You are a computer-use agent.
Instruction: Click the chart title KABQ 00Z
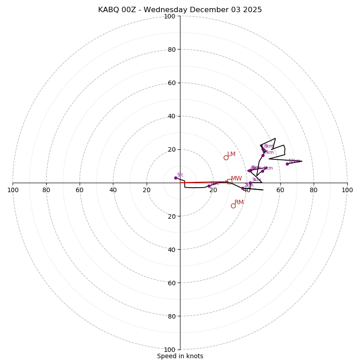pyautogui.click(x=180, y=10)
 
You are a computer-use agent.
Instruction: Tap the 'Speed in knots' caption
pyautogui.click(x=180, y=356)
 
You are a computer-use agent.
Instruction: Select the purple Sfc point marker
pyautogui.click(x=175, y=178)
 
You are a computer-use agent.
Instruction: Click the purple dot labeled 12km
pyautogui.click(x=287, y=164)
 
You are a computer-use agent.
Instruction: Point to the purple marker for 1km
pyautogui.click(x=209, y=186)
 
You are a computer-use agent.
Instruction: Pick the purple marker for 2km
pyautogui.click(x=243, y=188)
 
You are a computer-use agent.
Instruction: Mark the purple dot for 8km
pyautogui.click(x=263, y=149)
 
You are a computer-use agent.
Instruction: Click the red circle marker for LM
pyautogui.click(x=226, y=157)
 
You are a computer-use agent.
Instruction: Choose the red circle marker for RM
pyautogui.click(x=233, y=206)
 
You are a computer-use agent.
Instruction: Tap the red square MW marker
pyautogui.click(x=229, y=181)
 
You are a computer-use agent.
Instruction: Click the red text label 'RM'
pyautogui.click(x=239, y=202)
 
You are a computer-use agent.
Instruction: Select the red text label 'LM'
pyautogui.click(x=231, y=154)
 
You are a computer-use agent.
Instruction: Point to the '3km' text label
pyautogui.click(x=256, y=180)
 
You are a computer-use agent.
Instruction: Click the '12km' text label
pyautogui.click(x=294, y=161)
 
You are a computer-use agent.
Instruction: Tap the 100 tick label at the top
pyautogui.click(x=170, y=16)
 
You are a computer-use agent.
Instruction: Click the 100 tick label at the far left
pyautogui.click(x=13, y=190)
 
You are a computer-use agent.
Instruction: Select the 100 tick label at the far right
pyautogui.click(x=347, y=190)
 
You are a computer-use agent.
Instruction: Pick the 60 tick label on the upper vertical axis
pyautogui.click(x=171, y=83)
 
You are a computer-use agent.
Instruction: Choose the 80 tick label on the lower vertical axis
pyautogui.click(x=171, y=316)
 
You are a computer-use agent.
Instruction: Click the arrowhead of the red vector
pyautogui.click(x=227, y=182)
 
